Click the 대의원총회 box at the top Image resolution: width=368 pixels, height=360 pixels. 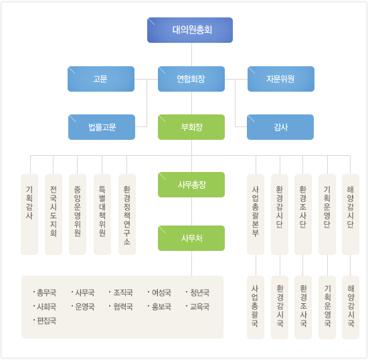(x=190, y=30)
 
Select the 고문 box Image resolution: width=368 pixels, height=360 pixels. (x=101, y=79)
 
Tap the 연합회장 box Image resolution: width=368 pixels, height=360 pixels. (x=191, y=79)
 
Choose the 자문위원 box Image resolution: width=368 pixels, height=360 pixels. (x=281, y=79)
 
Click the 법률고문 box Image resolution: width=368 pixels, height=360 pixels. (x=102, y=127)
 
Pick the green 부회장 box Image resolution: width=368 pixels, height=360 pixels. (x=191, y=127)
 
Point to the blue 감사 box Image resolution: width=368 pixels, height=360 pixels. (x=280, y=127)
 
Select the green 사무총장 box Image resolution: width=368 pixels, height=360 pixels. (x=191, y=185)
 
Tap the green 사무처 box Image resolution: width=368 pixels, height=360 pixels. (x=191, y=238)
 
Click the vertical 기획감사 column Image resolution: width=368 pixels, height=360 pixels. (x=29, y=214)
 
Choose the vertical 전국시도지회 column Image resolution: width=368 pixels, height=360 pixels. (x=54, y=214)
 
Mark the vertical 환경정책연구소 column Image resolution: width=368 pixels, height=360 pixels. (x=127, y=214)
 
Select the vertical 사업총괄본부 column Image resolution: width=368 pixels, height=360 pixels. (x=256, y=214)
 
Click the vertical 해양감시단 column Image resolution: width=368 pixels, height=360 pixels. (x=351, y=214)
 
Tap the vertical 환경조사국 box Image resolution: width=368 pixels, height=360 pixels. (x=303, y=307)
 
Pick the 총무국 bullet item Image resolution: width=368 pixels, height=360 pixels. (x=45, y=292)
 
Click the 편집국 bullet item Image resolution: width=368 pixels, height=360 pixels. (x=45, y=321)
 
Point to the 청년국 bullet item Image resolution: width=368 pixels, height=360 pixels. (x=197, y=292)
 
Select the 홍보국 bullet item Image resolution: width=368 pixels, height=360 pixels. (x=159, y=306)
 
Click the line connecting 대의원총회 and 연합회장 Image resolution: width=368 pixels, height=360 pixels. (x=192, y=54)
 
